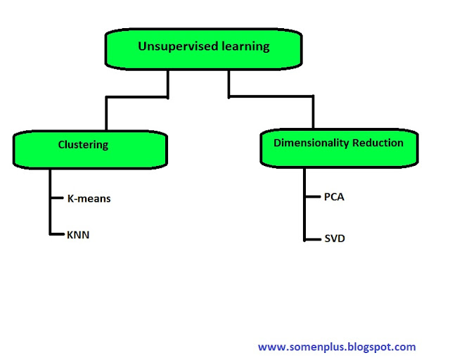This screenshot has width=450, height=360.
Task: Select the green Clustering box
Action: point(90,150)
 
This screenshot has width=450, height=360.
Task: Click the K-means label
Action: point(89,198)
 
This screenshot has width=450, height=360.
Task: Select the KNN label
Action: point(78,234)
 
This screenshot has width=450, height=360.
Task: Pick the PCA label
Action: point(334,197)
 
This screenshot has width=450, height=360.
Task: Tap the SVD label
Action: point(335,239)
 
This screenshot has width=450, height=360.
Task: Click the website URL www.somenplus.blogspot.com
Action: point(337,347)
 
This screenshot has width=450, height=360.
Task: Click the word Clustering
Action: point(83,145)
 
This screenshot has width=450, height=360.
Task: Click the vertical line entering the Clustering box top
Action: point(105,115)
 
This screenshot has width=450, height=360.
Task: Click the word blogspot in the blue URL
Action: point(362,347)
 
